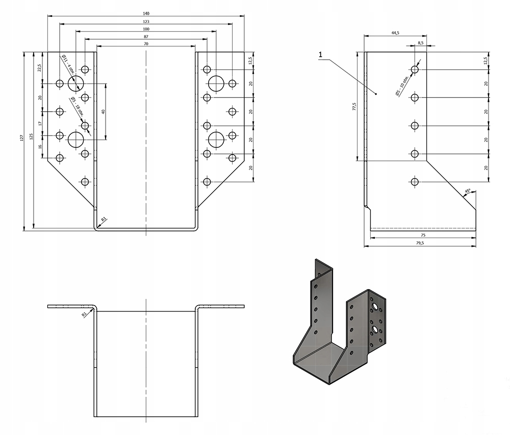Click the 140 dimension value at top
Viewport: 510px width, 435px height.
[146, 13]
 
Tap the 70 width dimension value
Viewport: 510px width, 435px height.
[146, 44]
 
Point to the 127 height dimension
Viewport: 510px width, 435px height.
[22, 137]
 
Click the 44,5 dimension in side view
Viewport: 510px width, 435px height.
[395, 33]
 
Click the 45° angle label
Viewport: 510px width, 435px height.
[467, 192]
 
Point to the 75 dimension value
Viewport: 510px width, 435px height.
[423, 235]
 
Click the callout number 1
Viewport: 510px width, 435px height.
[320, 54]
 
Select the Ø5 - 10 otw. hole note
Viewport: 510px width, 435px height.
[401, 86]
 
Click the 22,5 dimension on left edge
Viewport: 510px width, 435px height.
[40, 68]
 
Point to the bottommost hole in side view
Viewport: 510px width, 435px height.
[415, 182]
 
